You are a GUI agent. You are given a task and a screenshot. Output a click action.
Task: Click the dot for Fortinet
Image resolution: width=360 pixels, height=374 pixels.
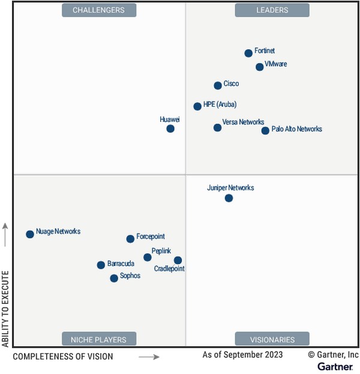pos(248,53)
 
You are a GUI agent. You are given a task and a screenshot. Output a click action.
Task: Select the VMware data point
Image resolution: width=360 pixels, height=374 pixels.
pos(259,67)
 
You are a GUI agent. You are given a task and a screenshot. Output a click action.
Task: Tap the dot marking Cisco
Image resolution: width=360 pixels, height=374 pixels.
pos(218,86)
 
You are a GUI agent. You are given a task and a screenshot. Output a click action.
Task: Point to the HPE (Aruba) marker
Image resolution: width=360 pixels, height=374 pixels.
pos(197,106)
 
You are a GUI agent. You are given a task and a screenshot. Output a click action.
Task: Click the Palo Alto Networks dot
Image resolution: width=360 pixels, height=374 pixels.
pos(265,130)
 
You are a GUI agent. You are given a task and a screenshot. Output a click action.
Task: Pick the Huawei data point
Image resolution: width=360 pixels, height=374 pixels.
pos(170,128)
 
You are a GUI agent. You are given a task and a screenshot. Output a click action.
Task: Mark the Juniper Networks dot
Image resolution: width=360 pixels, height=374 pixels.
pos(229,198)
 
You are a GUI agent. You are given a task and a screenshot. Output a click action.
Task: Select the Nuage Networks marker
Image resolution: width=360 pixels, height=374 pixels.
pos(30,234)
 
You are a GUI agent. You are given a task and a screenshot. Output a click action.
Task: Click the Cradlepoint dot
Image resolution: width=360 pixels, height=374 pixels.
pos(178,260)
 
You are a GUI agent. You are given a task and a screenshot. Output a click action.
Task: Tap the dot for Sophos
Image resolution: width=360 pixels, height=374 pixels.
pos(114,278)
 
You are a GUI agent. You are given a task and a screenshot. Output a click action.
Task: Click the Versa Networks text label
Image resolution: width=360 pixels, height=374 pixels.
pos(243,122)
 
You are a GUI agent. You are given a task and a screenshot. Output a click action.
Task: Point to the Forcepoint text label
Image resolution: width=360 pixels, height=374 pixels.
pos(151,237)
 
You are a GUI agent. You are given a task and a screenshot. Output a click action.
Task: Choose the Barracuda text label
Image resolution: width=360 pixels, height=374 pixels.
pos(121,264)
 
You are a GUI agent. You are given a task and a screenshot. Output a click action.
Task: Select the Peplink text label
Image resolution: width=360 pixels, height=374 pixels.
pos(161,251)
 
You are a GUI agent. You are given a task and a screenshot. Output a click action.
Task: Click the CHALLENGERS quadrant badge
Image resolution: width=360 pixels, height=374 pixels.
pos(98,10)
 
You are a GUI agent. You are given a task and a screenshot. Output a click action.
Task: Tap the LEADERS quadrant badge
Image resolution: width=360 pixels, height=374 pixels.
pos(272,10)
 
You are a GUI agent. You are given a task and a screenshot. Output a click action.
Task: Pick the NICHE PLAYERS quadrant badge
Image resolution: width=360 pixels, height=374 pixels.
pos(98,339)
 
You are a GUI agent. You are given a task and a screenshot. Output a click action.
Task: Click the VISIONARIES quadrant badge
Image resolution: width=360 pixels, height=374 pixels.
pos(272,339)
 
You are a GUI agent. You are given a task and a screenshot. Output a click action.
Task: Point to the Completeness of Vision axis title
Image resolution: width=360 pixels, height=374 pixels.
pos(63,357)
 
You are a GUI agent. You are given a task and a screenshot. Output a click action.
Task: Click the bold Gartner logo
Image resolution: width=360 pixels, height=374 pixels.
pos(335,366)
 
